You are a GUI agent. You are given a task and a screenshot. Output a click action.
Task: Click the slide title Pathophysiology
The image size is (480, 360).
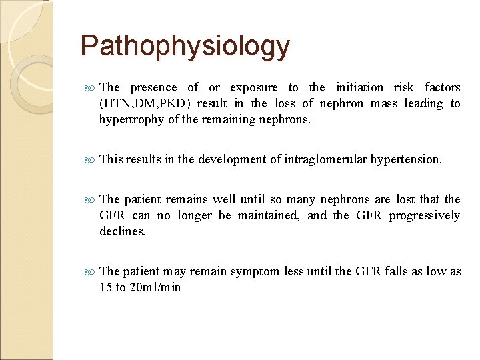click(185, 46)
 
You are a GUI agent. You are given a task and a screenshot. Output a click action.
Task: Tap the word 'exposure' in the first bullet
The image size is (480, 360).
click(254, 87)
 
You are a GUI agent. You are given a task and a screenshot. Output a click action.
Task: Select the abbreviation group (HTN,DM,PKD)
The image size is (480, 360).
click(144, 103)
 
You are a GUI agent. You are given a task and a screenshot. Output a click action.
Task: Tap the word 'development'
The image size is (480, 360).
click(232, 159)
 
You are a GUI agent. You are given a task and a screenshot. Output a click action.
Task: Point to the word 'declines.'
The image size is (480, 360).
click(123, 231)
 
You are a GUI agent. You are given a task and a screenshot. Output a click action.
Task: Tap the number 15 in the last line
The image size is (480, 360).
click(106, 287)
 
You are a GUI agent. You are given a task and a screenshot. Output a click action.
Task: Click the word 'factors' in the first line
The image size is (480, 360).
click(442, 87)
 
